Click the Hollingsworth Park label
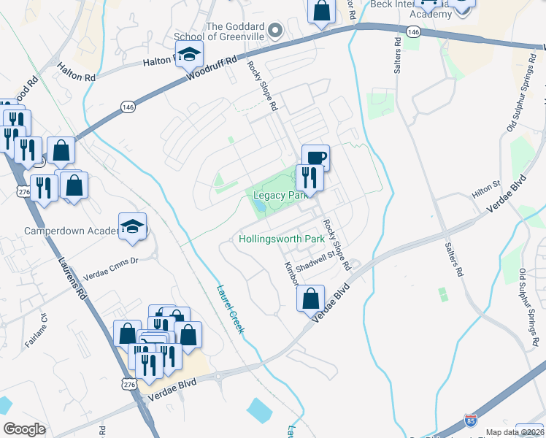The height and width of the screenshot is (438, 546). [x=281, y=239]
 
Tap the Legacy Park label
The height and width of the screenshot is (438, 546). [x=279, y=196]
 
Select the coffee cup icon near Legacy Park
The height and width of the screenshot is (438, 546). [x=315, y=158]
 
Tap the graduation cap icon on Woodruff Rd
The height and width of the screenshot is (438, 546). [x=189, y=54]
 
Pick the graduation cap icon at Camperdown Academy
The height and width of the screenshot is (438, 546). [x=133, y=227]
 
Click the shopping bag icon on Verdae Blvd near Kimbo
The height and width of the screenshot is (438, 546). [x=311, y=299]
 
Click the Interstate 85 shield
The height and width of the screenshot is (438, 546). [x=471, y=420]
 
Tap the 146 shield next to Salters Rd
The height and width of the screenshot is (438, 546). [x=413, y=32]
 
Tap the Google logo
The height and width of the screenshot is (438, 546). [x=24, y=429]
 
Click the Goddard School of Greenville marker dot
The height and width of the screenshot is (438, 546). [x=275, y=31]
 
